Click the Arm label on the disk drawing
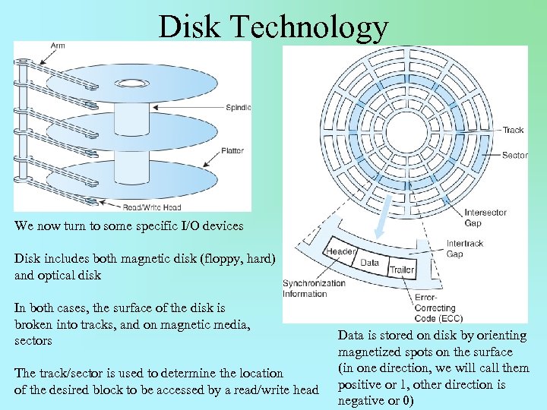click(x=58, y=46)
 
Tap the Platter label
click(x=232, y=151)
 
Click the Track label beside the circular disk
click(x=513, y=130)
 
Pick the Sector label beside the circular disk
click(x=514, y=156)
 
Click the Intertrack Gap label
click(x=464, y=249)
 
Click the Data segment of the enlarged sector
click(x=369, y=263)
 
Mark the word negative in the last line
click(x=361, y=400)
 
